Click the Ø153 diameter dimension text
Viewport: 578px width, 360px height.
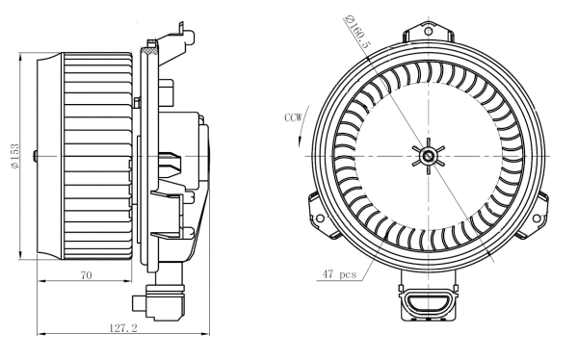pos(15,158)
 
